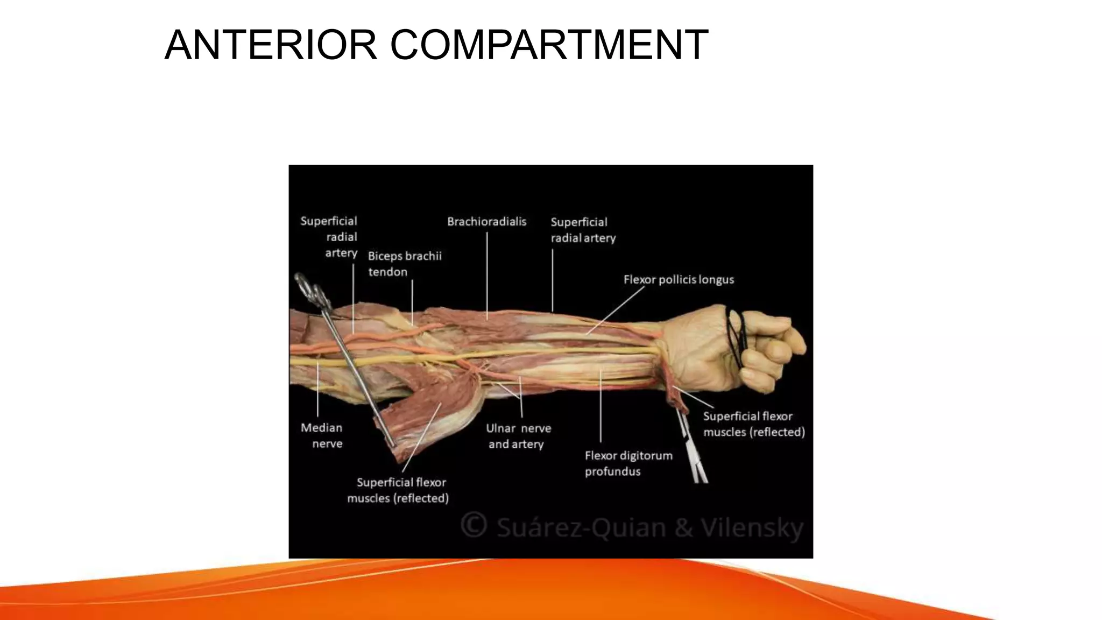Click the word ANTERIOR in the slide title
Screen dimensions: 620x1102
[x=271, y=45]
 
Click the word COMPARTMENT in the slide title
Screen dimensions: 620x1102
[x=549, y=45]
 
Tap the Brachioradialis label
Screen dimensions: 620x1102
[x=486, y=222]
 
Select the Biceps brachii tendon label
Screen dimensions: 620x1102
[x=405, y=264]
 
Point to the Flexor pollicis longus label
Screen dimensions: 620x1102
[x=679, y=280]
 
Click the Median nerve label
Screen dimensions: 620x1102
[x=322, y=435]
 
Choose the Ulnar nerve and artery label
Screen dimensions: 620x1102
[x=518, y=436]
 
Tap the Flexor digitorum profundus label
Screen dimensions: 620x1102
[x=628, y=463]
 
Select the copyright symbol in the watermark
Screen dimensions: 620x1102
[x=474, y=525]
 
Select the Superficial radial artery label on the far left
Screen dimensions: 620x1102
[x=329, y=237]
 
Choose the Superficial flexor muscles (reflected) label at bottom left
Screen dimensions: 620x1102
[x=398, y=490]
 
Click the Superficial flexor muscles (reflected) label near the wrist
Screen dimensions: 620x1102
[x=753, y=424]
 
